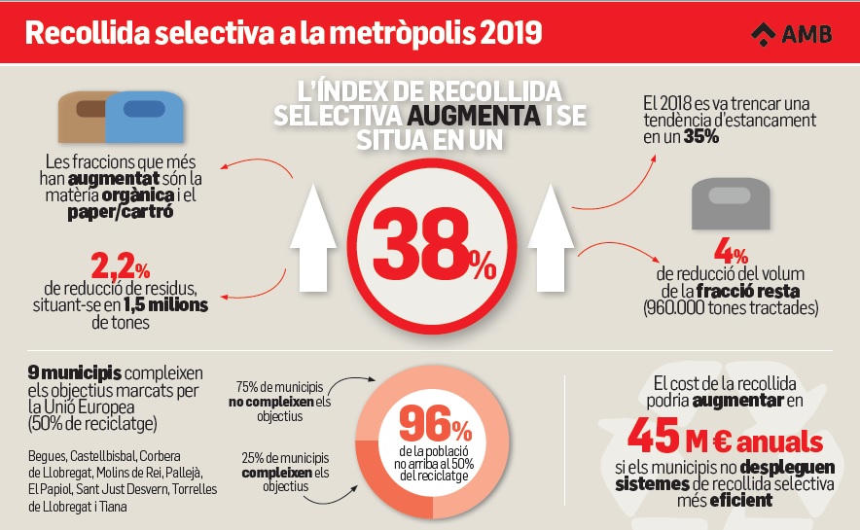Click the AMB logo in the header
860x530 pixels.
(790, 34)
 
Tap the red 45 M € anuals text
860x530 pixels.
(725, 439)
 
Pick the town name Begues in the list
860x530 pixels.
(49, 454)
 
